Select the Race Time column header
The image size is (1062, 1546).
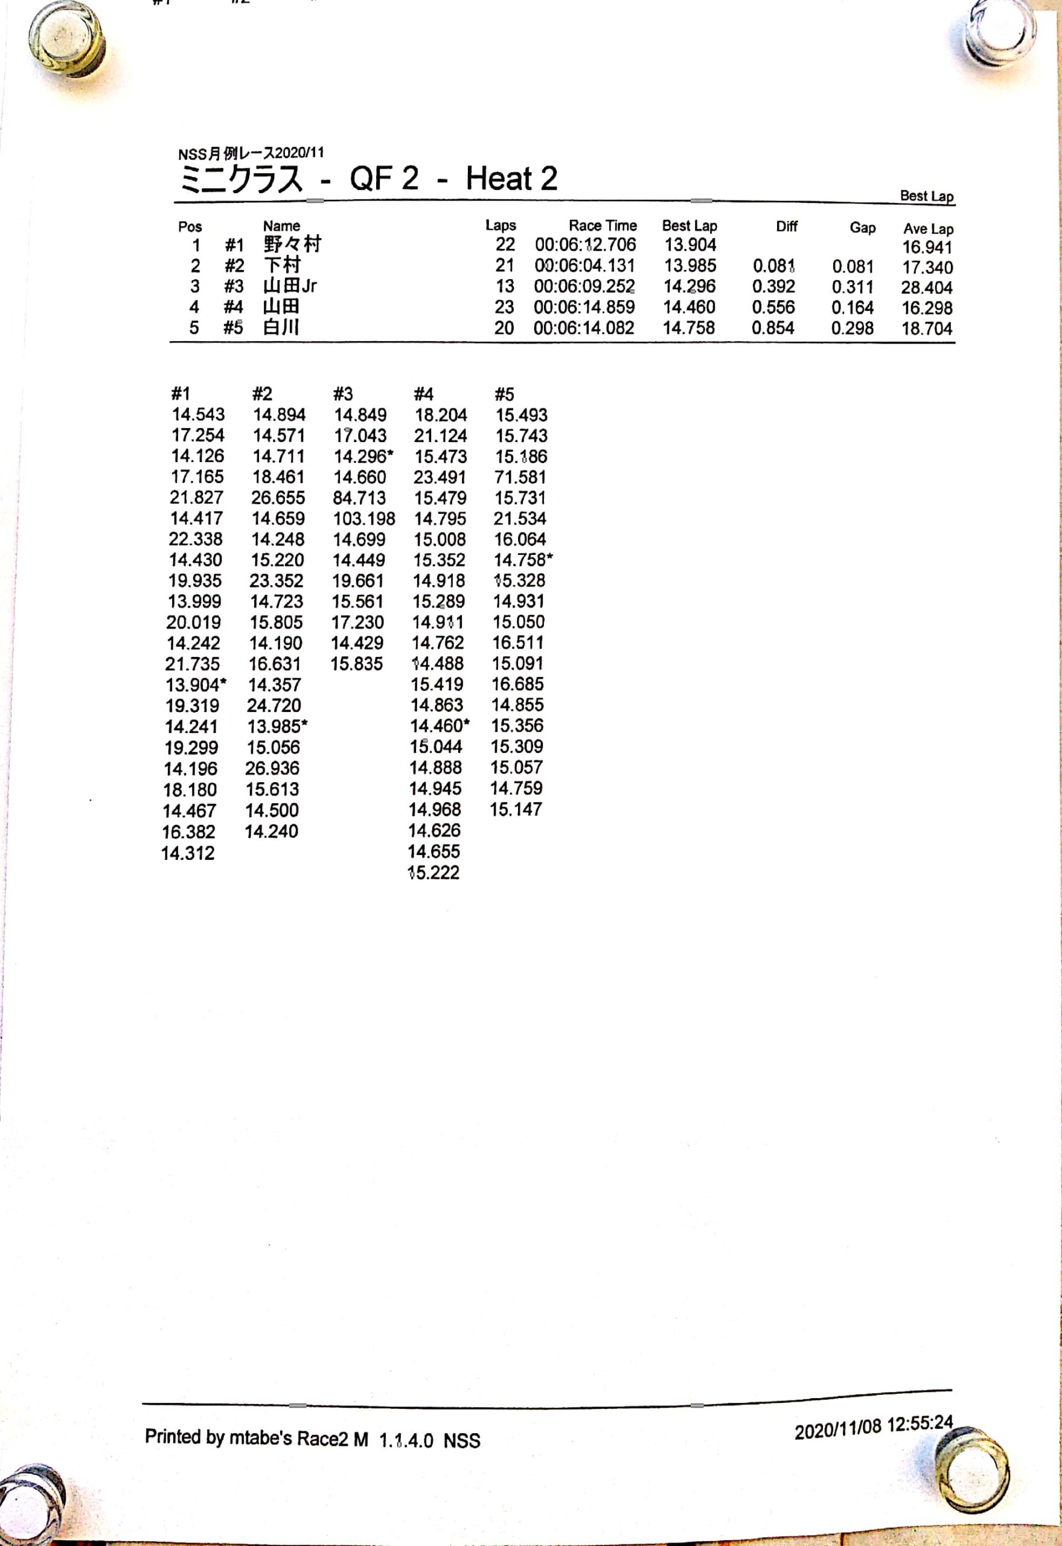click(602, 226)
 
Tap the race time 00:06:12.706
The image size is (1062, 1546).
click(585, 245)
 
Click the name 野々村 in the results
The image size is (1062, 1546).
click(292, 244)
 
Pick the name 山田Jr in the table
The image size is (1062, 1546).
click(290, 286)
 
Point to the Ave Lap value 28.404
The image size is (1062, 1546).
click(927, 287)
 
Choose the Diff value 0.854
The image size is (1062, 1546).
click(773, 328)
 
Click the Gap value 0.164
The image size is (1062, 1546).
click(852, 307)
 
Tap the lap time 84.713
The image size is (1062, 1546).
click(359, 498)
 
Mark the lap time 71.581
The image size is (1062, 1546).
click(520, 477)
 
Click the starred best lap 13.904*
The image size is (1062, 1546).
click(196, 685)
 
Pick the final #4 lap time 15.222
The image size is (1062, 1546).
click(434, 873)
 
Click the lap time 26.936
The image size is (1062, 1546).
click(272, 768)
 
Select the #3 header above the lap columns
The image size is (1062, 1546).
click(343, 394)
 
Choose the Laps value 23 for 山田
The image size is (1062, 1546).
click(504, 307)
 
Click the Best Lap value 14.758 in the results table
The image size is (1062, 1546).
click(689, 327)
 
